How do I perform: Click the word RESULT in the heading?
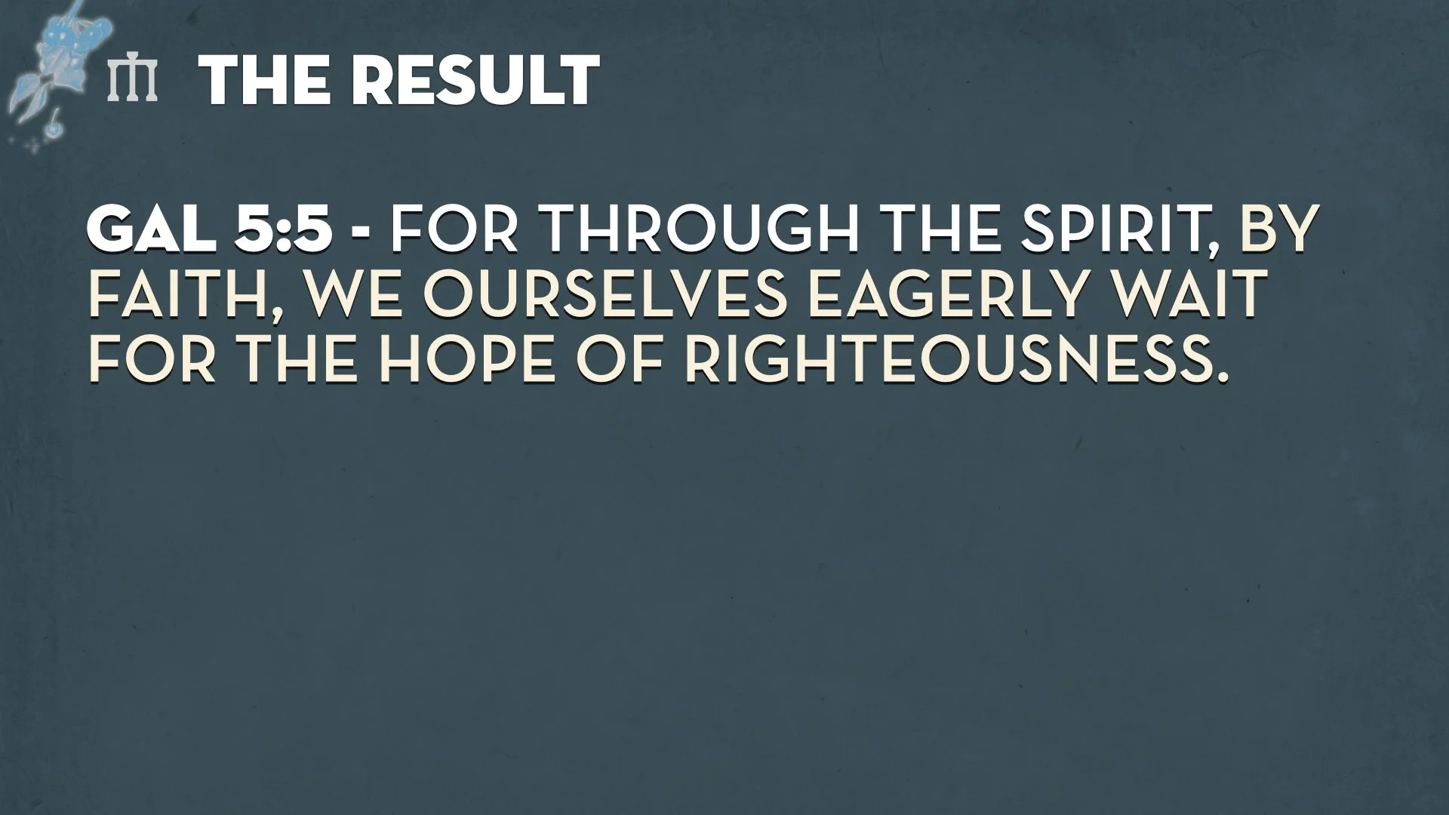pyautogui.click(x=477, y=80)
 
